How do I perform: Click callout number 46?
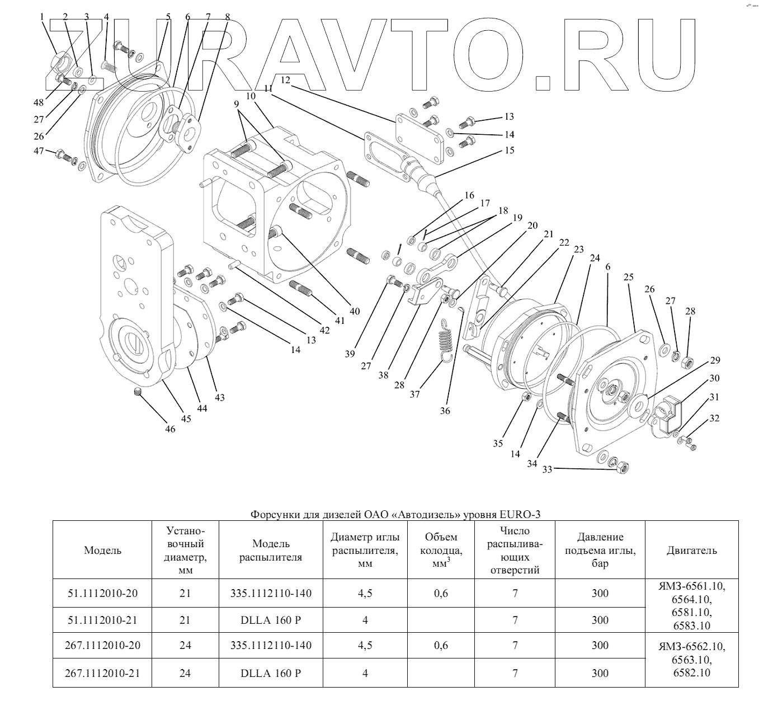(170, 429)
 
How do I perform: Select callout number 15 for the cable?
(509, 150)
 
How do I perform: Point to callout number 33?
(547, 469)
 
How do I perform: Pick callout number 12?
(286, 80)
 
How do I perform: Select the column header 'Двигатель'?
(691, 550)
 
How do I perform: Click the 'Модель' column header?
(102, 550)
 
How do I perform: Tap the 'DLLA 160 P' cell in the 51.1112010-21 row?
(271, 620)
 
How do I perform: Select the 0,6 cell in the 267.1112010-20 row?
(441, 646)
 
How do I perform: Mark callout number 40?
(355, 311)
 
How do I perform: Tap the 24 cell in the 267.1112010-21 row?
(185, 673)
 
